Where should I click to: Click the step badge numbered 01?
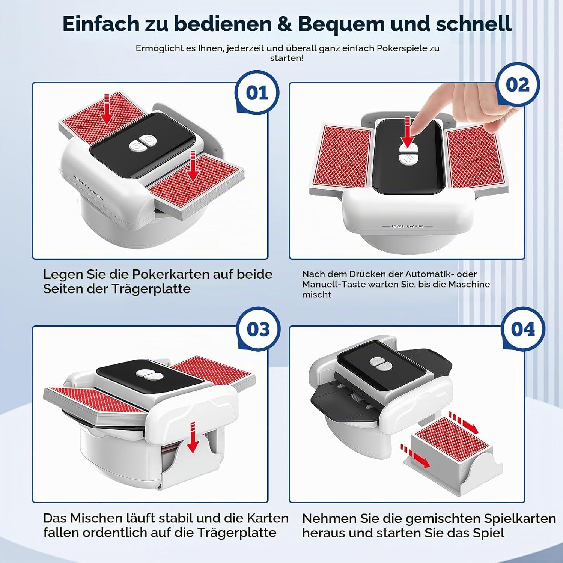(x=257, y=92)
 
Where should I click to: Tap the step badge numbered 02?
(x=518, y=85)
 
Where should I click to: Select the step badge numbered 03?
(x=258, y=329)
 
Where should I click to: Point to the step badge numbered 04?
(x=523, y=329)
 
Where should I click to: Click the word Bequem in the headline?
(x=341, y=24)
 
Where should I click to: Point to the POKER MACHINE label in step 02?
(x=407, y=226)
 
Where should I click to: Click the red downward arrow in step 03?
(x=193, y=437)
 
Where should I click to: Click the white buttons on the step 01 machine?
(x=143, y=143)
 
